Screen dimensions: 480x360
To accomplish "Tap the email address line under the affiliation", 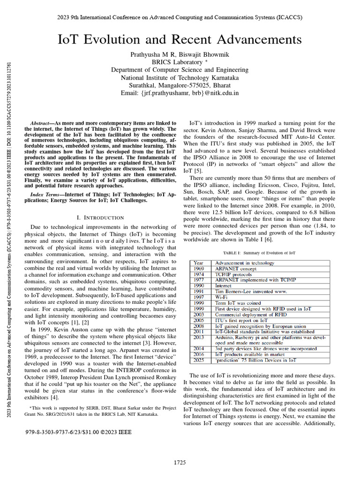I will coord(180,93).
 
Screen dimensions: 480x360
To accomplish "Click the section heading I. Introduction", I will coord(100,217).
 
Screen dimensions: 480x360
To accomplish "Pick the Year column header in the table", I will coord(199,263).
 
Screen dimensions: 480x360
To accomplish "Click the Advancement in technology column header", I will coord(245,263).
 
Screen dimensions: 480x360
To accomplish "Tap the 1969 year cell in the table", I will coord(199,269).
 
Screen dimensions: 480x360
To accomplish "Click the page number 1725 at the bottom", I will coord(180,463).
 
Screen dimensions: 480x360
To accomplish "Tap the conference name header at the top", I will coord(180,17).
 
